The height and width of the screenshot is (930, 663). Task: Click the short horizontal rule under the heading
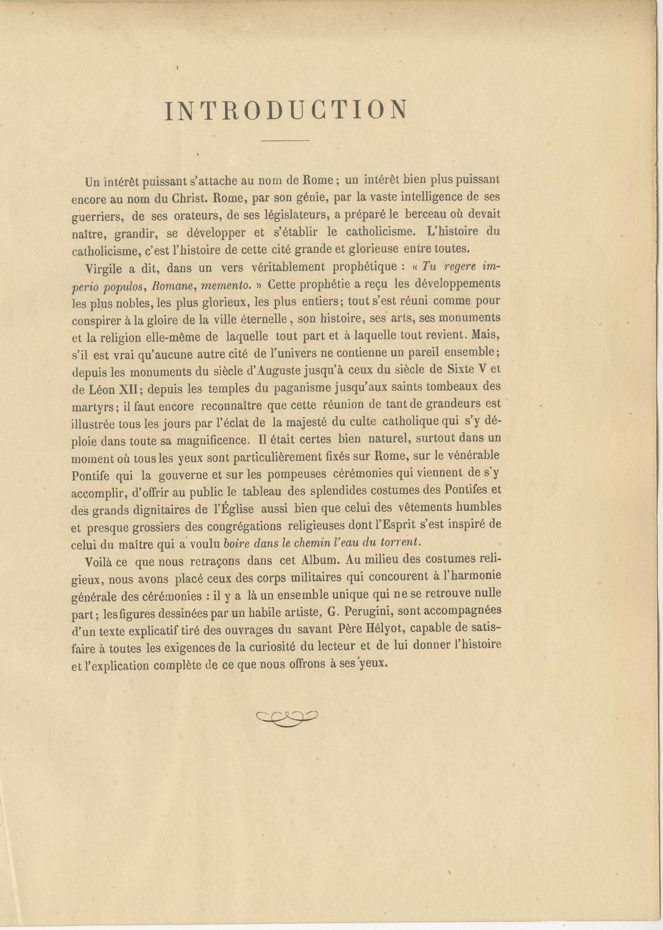click(x=285, y=141)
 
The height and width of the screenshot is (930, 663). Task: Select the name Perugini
click(x=368, y=611)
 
